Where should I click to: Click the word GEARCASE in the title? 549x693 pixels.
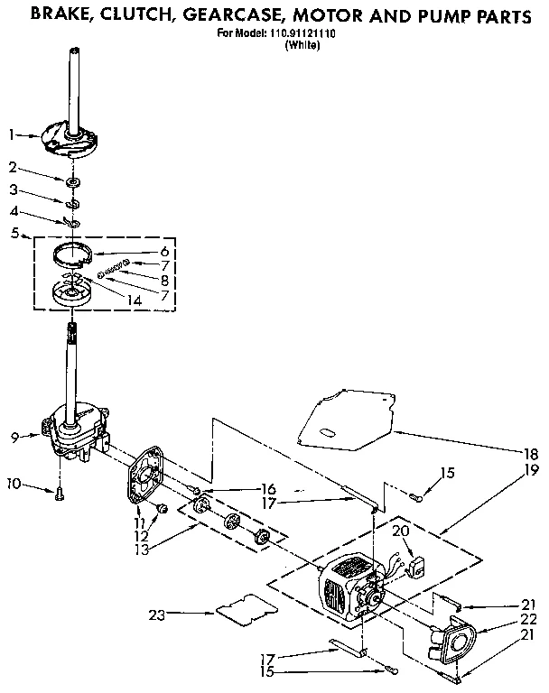(x=231, y=15)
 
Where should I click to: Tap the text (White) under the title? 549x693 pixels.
(x=302, y=45)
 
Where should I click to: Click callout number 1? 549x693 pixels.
(x=12, y=135)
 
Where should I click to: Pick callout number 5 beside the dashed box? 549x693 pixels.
(x=14, y=233)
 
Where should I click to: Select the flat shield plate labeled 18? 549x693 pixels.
(x=348, y=415)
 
